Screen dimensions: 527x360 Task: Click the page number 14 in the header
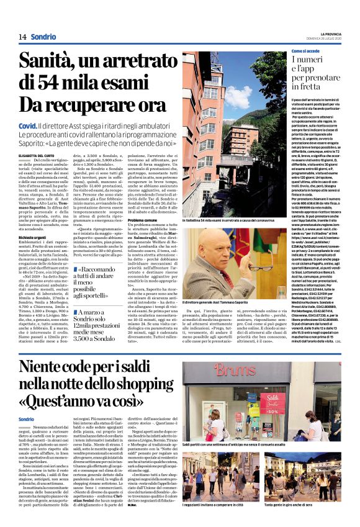click(22, 37)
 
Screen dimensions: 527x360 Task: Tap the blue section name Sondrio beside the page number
click(42, 37)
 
